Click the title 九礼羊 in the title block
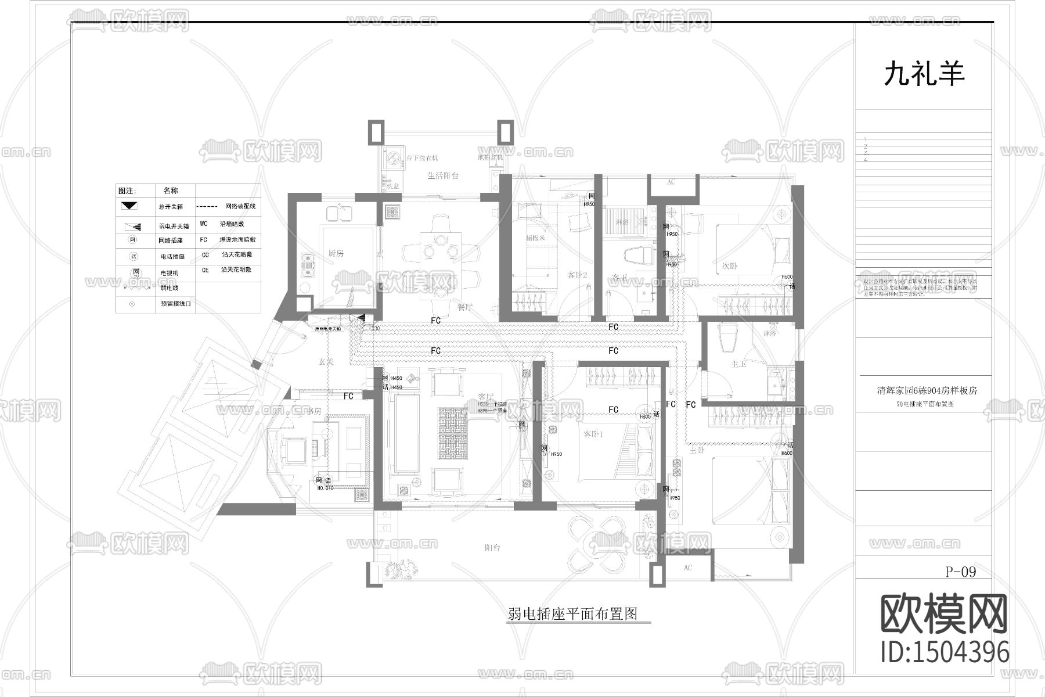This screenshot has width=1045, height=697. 924,75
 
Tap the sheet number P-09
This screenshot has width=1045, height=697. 961,572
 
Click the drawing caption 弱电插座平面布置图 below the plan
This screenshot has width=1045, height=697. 572,614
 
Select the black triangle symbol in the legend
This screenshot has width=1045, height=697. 129,206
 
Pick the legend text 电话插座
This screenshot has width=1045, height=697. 172,256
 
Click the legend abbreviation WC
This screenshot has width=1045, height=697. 204,224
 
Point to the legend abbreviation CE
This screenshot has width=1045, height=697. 204,270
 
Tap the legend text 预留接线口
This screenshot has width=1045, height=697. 176,304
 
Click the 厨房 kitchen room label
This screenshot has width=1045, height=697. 336,254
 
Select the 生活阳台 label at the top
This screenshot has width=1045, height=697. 444,175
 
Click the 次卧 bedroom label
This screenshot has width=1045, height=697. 730,266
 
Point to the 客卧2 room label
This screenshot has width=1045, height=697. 577,275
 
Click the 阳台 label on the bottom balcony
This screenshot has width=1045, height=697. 492,548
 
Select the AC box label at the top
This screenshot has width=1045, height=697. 671,182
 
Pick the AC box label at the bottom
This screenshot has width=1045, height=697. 688,567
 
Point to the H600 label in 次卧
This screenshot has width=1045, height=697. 787,277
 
